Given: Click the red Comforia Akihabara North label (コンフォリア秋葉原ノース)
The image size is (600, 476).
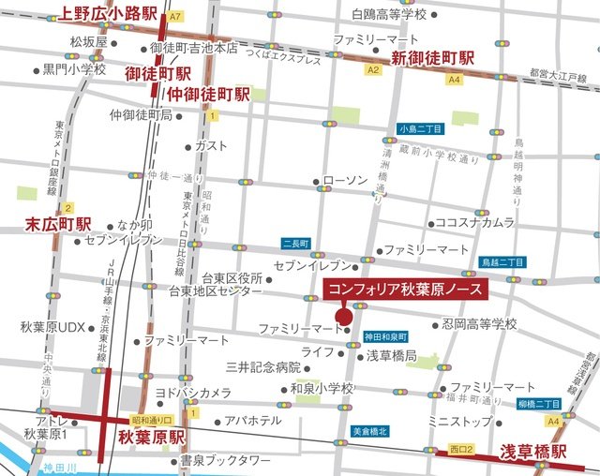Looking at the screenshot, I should coord(404,290).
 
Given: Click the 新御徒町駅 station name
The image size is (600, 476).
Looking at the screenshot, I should coord(432,58).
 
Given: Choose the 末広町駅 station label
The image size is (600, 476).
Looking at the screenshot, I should coord(57,225).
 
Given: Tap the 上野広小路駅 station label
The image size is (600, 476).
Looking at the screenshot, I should coord(108,14).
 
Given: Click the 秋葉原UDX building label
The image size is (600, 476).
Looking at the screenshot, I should coord(52,327).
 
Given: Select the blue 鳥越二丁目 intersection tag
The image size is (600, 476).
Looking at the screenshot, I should coord(502,264).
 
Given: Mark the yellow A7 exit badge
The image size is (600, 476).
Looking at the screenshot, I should coord(176,16).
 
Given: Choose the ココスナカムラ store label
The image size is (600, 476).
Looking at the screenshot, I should coord(475,222).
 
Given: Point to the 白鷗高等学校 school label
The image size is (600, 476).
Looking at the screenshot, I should coord(388,14).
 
